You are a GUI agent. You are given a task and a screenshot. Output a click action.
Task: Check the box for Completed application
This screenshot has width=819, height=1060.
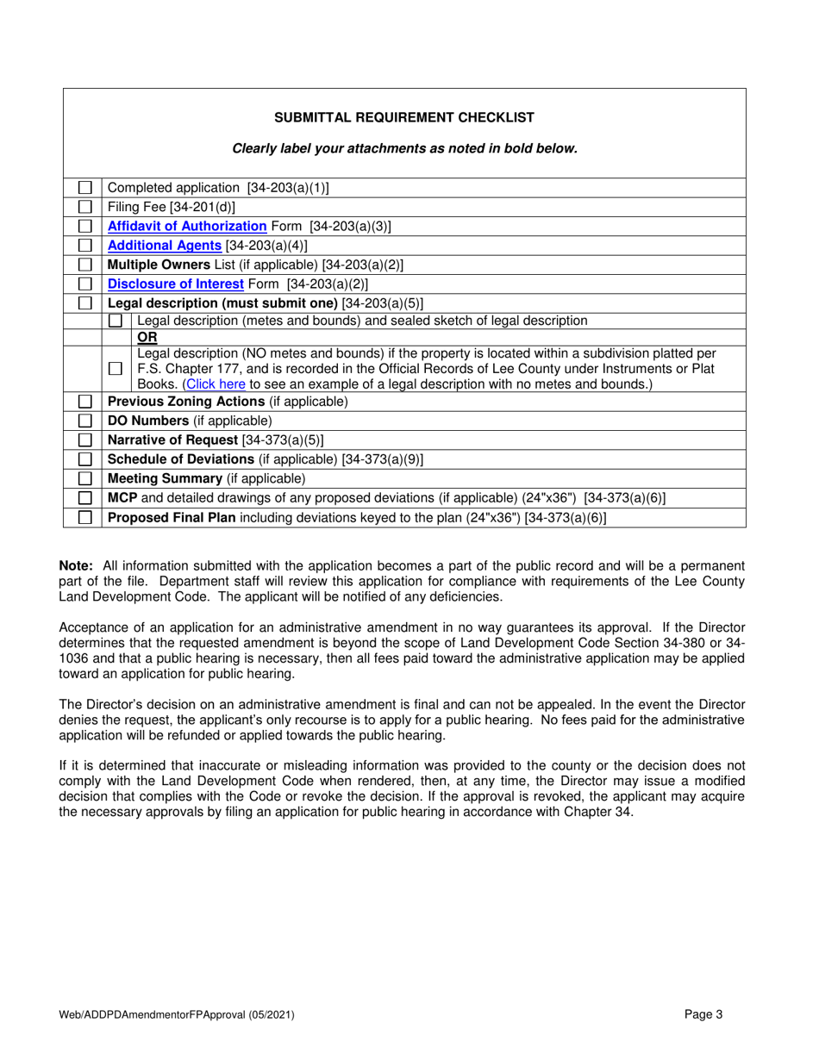(85, 188)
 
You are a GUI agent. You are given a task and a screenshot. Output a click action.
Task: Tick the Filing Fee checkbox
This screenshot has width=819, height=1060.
(85, 207)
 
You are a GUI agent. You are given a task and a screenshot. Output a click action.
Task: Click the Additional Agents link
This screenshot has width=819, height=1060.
(164, 246)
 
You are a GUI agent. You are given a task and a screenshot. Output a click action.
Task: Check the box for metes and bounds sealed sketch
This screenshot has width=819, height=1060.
(116, 321)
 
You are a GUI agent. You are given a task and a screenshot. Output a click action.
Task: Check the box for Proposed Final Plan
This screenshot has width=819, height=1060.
(85, 517)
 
